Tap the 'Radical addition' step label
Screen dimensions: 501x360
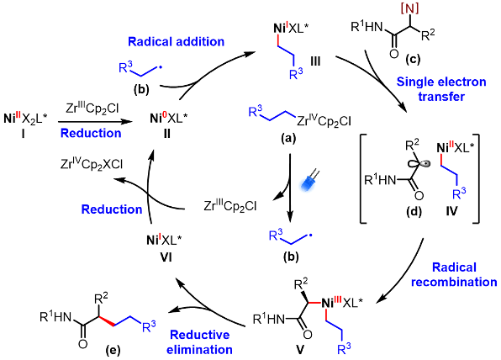176,41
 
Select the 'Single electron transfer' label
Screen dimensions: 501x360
441,89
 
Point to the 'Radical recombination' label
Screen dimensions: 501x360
454,275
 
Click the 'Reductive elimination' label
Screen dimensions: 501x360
200,342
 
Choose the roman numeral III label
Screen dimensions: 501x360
315,61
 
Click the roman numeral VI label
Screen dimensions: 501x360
166,257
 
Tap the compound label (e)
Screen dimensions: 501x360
113,351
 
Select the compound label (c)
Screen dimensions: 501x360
413,59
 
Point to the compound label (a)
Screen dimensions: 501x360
288,138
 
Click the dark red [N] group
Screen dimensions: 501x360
409,8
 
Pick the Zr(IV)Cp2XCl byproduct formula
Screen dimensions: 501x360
92,164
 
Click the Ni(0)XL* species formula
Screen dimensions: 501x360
169,119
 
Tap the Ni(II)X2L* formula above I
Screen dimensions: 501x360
25,119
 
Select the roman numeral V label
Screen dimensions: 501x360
300,350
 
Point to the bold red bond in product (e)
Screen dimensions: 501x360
107,321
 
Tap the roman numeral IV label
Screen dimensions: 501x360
451,211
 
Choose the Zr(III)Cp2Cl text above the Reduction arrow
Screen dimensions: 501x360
92,109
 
